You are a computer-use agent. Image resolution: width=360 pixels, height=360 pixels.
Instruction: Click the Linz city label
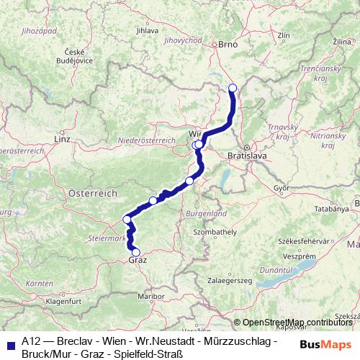pyautogui.click(x=62, y=138)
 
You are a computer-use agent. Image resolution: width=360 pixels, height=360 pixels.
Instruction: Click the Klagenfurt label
pyautogui.click(x=63, y=302)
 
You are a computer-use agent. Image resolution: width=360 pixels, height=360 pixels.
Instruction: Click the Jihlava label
pyautogui.click(x=146, y=31)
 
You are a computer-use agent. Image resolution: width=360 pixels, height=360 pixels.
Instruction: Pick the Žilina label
pyautogui.click(x=347, y=44)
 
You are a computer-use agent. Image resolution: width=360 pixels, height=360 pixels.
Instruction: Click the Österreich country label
pyautogui.click(x=93, y=194)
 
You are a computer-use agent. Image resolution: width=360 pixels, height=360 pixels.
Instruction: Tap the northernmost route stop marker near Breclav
pyautogui.click(x=233, y=89)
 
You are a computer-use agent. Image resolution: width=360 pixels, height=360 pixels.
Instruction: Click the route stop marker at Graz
pyautogui.click(x=136, y=252)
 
